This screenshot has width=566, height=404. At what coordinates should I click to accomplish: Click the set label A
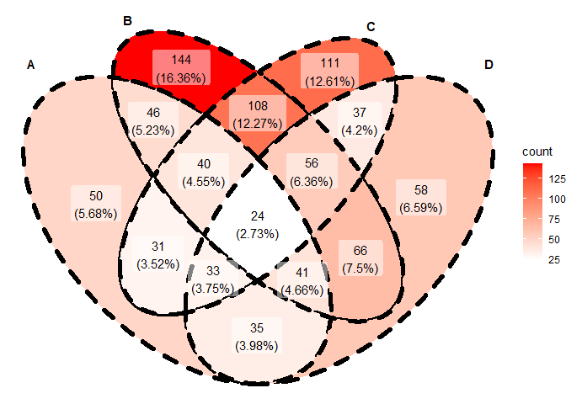coord(31,65)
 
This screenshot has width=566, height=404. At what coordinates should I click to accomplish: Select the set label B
coord(127,21)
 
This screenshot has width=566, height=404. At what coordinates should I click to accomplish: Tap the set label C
coord(371,27)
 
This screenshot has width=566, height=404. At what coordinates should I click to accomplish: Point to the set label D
coord(489,65)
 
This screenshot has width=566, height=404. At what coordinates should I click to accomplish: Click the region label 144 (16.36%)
coord(181,68)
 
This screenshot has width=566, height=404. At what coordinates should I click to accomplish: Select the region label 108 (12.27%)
coord(259,114)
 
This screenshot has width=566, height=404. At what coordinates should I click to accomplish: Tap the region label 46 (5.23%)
coord(152,121)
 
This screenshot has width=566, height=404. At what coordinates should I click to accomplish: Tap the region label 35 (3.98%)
coord(257,336)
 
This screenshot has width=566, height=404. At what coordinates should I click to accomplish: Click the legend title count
coord(537,151)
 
